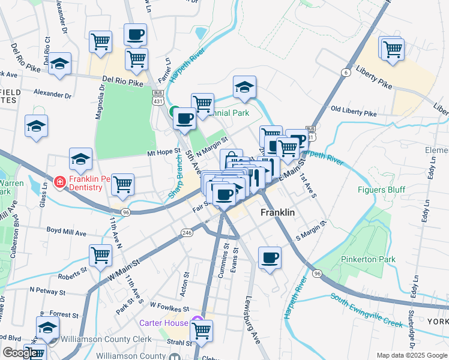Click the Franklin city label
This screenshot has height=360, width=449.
[277, 213]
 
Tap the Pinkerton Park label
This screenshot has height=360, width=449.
[363, 259]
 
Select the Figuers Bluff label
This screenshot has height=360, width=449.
[382, 190]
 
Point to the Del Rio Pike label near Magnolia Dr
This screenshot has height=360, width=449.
[123, 79]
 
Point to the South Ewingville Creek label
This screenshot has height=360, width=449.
[366, 311]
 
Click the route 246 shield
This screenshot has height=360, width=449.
[187, 232]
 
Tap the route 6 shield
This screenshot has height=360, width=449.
[345, 73]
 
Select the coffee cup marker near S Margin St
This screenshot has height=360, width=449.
[270, 258]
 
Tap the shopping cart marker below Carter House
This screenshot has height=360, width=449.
[202, 329]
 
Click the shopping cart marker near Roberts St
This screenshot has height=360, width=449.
[100, 256]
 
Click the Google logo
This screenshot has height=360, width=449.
[20, 353]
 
